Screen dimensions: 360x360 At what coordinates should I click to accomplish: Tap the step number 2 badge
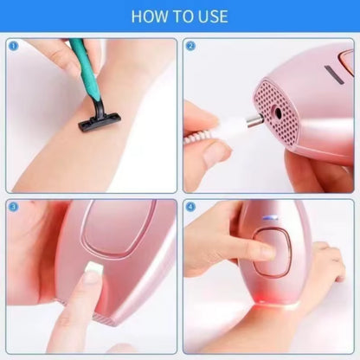pos(190,46)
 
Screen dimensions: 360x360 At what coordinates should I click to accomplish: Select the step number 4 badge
pos(190,207)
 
